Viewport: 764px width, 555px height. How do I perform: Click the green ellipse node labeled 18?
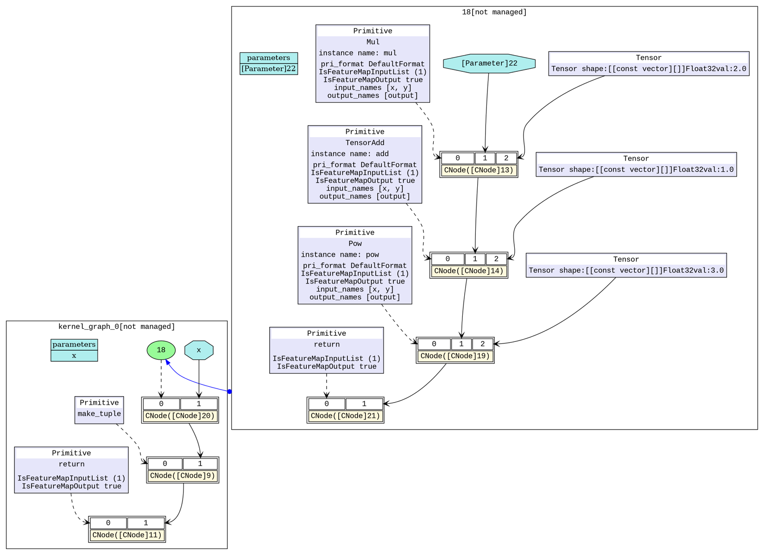pyautogui.click(x=161, y=350)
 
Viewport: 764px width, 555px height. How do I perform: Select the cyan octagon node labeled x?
pyautogui.click(x=199, y=350)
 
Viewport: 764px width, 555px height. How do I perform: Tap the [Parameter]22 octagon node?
pyautogui.click(x=489, y=63)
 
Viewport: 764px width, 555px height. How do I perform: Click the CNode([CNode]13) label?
pyautogui.click(x=479, y=170)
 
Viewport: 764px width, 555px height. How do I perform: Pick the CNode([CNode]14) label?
pyautogui.click(x=468, y=271)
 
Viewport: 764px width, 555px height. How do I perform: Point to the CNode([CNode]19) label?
pyautogui.click(x=455, y=356)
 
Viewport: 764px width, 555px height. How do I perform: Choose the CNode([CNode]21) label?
pyautogui.click(x=345, y=416)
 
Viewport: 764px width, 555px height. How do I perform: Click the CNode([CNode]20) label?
pyautogui.click(x=180, y=416)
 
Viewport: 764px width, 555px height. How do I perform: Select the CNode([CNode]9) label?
pyautogui.click(x=183, y=475)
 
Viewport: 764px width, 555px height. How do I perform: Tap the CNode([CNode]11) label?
pyautogui.click(x=127, y=535)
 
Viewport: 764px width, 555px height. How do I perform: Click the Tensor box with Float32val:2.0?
pyautogui.click(x=649, y=63)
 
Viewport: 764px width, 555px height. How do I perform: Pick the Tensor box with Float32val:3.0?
pyautogui.click(x=626, y=265)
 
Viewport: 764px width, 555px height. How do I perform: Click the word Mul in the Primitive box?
pyautogui.click(x=373, y=42)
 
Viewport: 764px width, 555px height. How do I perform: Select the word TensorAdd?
pyautogui.click(x=365, y=143)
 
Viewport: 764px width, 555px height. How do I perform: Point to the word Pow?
pyautogui.click(x=355, y=243)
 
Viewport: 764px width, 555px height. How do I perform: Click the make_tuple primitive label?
pyautogui.click(x=99, y=414)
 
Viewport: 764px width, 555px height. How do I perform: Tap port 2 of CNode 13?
pyautogui.click(x=506, y=158)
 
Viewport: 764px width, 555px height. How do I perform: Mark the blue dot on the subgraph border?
pyautogui.click(x=229, y=391)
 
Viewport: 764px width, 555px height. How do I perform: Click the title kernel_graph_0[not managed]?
pyautogui.click(x=116, y=327)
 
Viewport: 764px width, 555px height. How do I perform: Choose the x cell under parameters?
pyautogui.click(x=74, y=356)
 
